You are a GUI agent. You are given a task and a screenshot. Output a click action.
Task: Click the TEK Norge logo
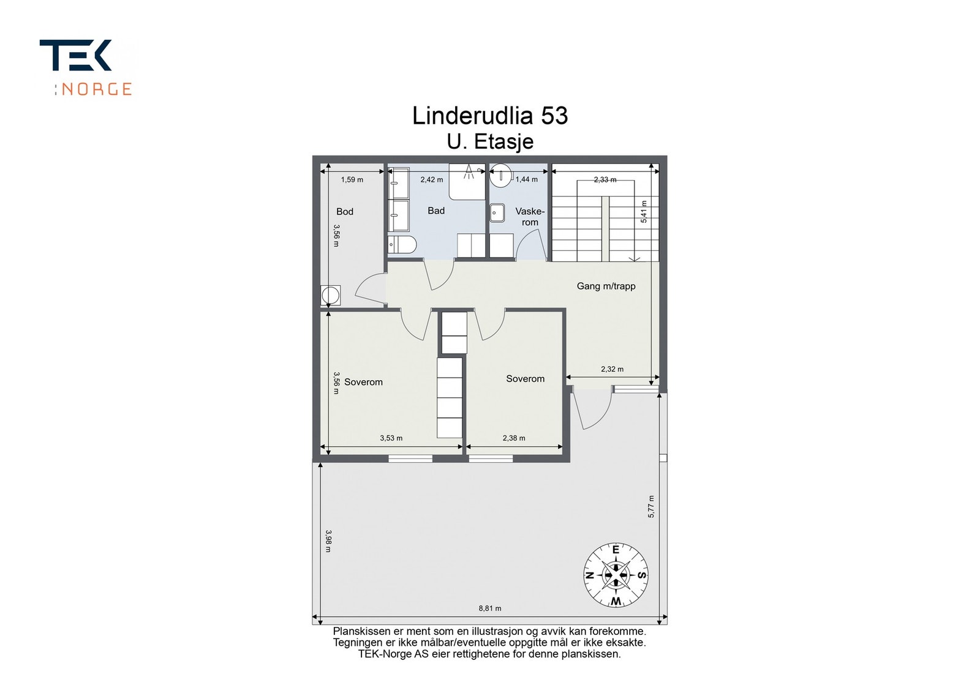click(x=86, y=67)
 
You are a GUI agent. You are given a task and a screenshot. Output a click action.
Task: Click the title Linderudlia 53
click(x=489, y=116)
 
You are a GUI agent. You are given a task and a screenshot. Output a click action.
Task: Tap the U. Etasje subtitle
click(x=489, y=141)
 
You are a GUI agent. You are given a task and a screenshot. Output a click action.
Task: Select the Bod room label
click(x=345, y=212)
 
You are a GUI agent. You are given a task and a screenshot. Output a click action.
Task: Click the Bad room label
click(x=436, y=211)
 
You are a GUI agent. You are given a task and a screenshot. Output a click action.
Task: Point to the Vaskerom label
click(x=530, y=217)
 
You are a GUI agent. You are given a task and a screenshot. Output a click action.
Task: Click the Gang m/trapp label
click(x=606, y=286)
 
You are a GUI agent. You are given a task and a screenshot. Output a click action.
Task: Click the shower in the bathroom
click(x=468, y=181)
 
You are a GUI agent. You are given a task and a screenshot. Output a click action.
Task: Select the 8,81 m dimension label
click(x=489, y=609)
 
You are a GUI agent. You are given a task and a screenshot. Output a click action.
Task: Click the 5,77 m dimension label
click(x=651, y=507)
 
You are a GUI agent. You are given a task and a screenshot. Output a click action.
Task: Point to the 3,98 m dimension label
click(x=328, y=541)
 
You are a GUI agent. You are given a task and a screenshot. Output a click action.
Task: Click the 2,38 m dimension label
click(x=514, y=438)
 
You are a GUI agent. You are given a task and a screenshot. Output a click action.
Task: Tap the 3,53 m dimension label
click(x=391, y=438)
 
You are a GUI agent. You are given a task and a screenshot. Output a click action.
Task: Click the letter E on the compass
click(x=616, y=550)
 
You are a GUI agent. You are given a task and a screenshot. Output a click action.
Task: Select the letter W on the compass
click(x=616, y=601)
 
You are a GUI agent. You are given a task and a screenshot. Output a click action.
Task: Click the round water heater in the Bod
click(x=331, y=296)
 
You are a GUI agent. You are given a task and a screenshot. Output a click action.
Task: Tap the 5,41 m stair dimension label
click(x=644, y=211)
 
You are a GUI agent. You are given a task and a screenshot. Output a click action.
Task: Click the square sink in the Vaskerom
click(x=497, y=212)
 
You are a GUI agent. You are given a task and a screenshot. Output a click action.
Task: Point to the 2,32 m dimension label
click(x=612, y=369)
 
